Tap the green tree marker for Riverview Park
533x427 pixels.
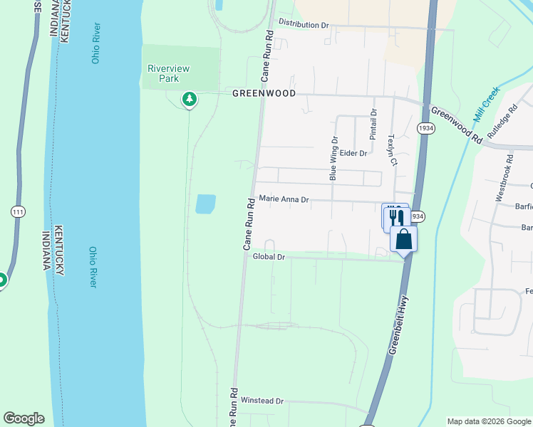tap(189, 99)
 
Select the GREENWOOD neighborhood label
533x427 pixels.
tap(264, 93)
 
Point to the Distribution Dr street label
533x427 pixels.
tap(304, 24)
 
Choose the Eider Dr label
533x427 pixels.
tap(353, 153)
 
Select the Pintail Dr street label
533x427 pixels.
tap(373, 124)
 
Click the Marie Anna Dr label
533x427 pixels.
tap(284, 200)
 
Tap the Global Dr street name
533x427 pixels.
tap(269, 257)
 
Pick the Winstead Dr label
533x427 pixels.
tap(262, 401)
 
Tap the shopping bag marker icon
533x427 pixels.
tap(403, 239)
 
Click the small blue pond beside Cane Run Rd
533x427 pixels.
tap(205, 204)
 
